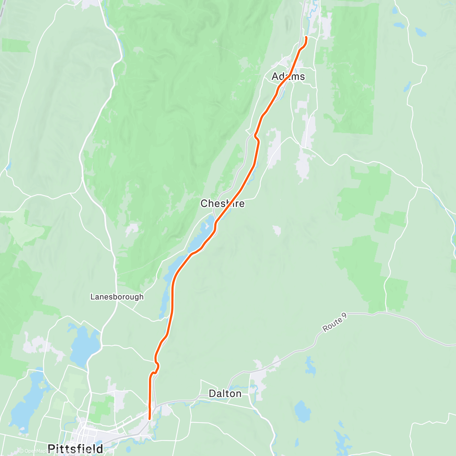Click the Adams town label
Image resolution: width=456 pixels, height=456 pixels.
click(288, 76)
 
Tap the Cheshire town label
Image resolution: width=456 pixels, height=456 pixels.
click(222, 203)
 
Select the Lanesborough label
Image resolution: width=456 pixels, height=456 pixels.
click(117, 296)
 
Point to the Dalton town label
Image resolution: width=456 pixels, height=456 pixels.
click(225, 393)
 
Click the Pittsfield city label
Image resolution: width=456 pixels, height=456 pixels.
click(75, 449)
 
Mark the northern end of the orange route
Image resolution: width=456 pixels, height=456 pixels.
click(306, 37)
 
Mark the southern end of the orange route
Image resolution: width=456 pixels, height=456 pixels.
click(150, 418)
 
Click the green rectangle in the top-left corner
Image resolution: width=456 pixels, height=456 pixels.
click(16, 45)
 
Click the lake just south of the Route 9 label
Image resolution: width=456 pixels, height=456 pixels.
click(311, 366)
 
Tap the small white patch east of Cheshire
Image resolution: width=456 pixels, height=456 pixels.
click(277, 230)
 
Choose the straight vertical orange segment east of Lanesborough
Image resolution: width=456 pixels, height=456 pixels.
click(173, 300)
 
